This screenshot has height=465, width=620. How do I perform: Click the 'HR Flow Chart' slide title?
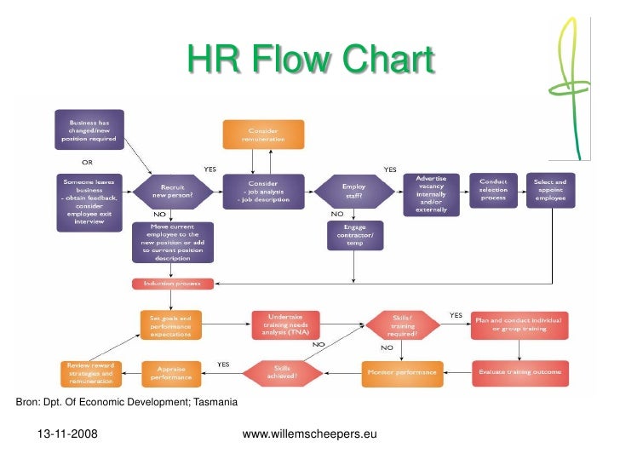click(311, 61)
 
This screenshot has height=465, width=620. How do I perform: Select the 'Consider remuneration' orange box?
click(262, 135)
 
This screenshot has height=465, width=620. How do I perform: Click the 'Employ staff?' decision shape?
click(353, 191)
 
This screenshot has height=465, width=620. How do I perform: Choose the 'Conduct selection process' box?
click(493, 189)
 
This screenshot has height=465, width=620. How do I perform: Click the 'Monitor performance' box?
click(402, 372)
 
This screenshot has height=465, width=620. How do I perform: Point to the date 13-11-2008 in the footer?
click(66, 435)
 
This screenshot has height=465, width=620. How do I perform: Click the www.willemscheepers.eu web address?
click(309, 435)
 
